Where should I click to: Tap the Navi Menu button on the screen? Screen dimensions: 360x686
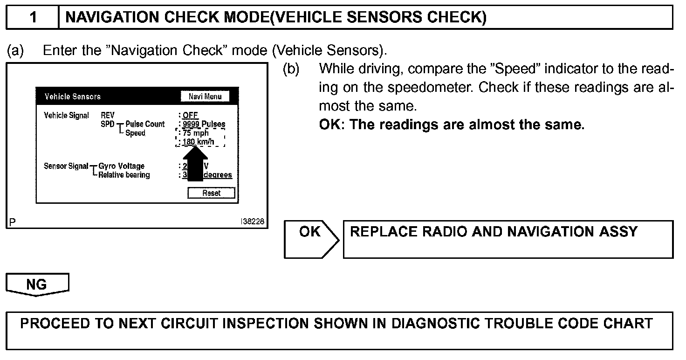tap(205, 97)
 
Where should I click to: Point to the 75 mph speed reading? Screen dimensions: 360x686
tap(196, 133)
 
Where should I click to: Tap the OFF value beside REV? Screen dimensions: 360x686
tap(190, 115)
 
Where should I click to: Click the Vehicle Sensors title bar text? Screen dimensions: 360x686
tap(72, 97)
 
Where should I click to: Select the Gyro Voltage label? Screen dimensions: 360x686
tap(122, 166)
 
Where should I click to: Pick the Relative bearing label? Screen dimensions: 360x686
tap(124, 175)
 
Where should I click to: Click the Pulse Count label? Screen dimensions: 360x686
tap(145, 124)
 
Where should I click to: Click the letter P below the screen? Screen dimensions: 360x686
tap(12, 222)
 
